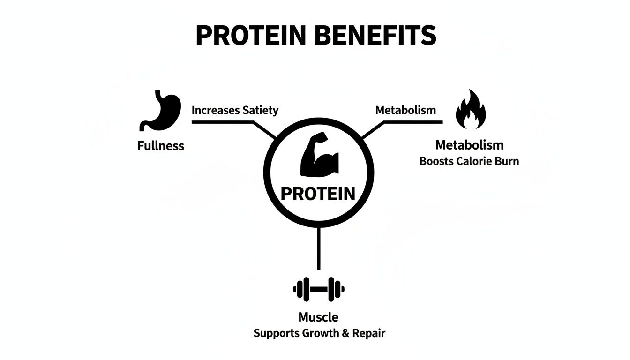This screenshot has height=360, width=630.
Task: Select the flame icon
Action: coord(471,110)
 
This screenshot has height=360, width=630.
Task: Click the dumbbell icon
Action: coord(318,289)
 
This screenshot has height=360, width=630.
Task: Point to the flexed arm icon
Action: coord(318,157)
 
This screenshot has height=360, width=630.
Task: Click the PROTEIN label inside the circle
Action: coord(318,193)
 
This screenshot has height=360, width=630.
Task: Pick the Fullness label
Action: coord(161,146)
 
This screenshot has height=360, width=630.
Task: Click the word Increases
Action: coord(216,111)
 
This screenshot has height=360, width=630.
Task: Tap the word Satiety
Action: coord(260,111)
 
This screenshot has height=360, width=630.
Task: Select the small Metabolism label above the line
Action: coord(405,111)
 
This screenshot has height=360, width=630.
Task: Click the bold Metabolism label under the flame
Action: coord(469,145)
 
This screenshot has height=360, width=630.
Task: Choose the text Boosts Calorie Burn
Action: coord(469,161)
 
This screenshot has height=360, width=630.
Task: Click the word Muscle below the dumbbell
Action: coord(318,317)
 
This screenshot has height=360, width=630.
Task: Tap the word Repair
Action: coord(370,334)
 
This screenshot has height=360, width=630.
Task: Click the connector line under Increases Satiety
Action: coord(223,122)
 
